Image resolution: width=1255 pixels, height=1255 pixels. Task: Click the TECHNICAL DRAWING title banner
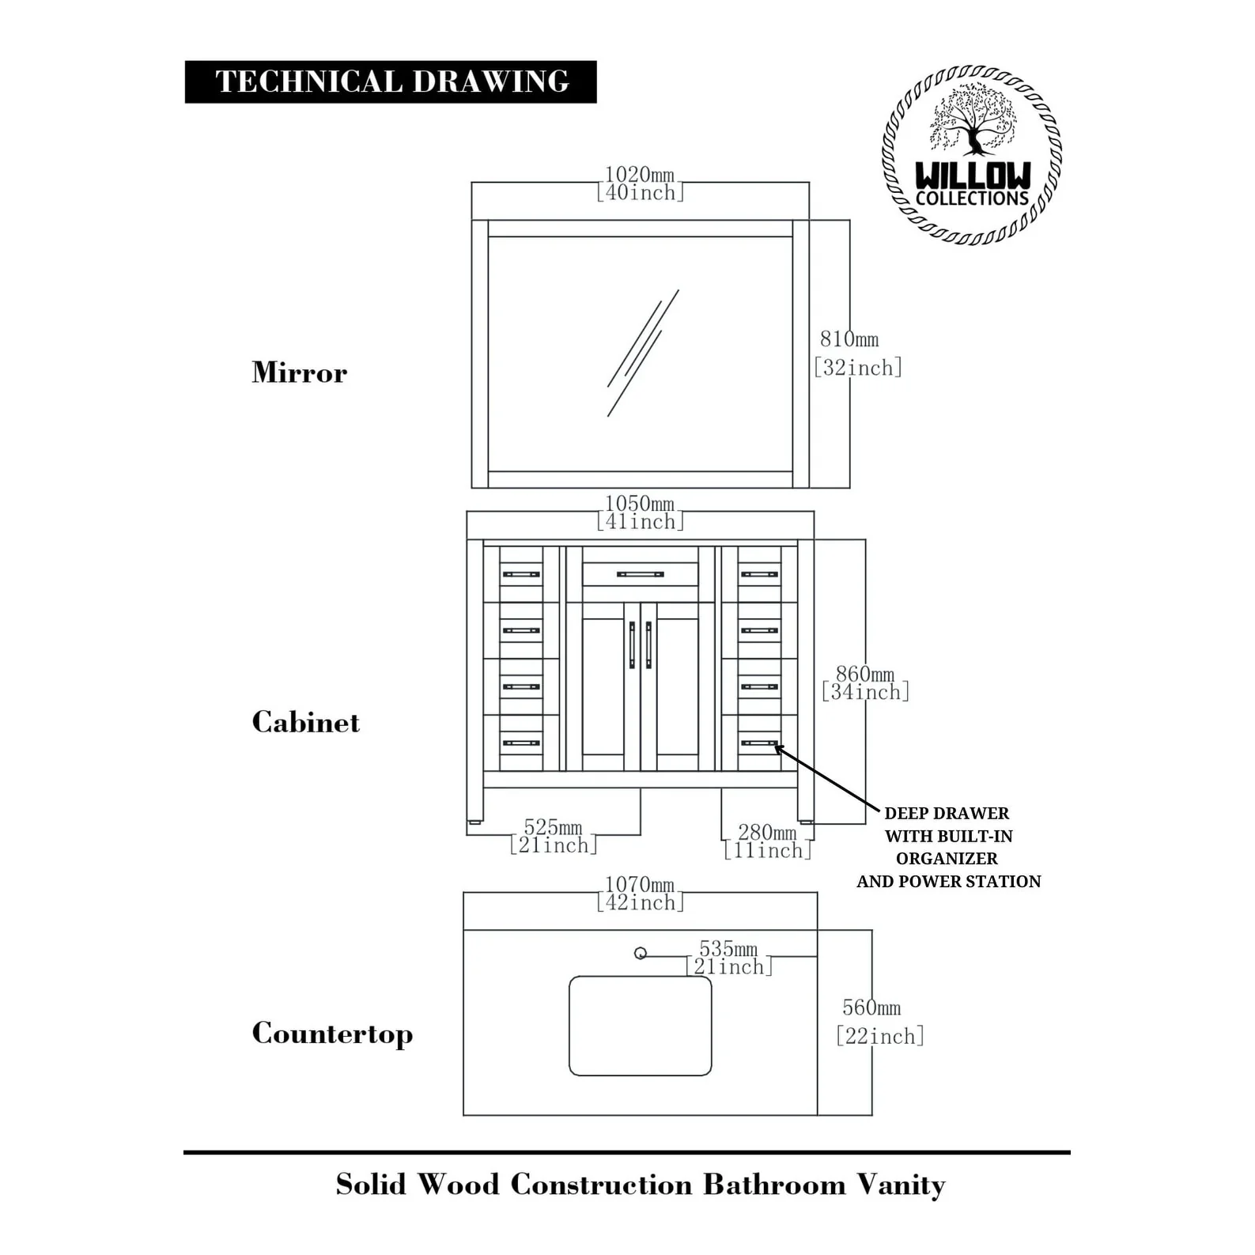click(391, 81)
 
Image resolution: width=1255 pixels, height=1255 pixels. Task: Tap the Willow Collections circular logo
click(971, 155)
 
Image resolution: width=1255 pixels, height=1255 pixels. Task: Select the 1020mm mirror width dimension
click(640, 183)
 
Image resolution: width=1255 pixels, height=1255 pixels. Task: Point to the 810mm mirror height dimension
click(856, 353)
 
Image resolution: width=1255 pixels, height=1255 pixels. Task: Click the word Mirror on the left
click(299, 372)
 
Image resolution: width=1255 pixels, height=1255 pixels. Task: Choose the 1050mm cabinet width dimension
click(640, 512)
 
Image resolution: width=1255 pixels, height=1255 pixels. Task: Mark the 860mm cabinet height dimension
click(865, 683)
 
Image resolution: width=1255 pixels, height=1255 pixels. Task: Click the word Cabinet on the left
click(305, 722)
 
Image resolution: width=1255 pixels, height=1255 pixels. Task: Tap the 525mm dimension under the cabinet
click(553, 836)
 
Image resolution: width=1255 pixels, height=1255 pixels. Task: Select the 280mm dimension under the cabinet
click(767, 841)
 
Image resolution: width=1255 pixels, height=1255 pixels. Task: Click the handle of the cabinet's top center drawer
click(640, 574)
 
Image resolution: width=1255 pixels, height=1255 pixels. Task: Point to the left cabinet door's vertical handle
click(632, 645)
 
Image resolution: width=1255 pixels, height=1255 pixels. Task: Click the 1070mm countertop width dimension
click(640, 893)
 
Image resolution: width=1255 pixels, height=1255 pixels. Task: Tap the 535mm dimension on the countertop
click(728, 957)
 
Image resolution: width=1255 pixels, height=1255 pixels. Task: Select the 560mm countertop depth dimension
click(879, 1022)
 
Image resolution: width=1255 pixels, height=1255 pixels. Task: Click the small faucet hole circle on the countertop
click(641, 954)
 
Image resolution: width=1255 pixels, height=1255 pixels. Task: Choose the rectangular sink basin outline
click(640, 1026)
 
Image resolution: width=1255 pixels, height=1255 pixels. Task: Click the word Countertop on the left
click(332, 1034)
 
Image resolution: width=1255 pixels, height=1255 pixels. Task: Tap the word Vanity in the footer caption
click(901, 1185)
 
